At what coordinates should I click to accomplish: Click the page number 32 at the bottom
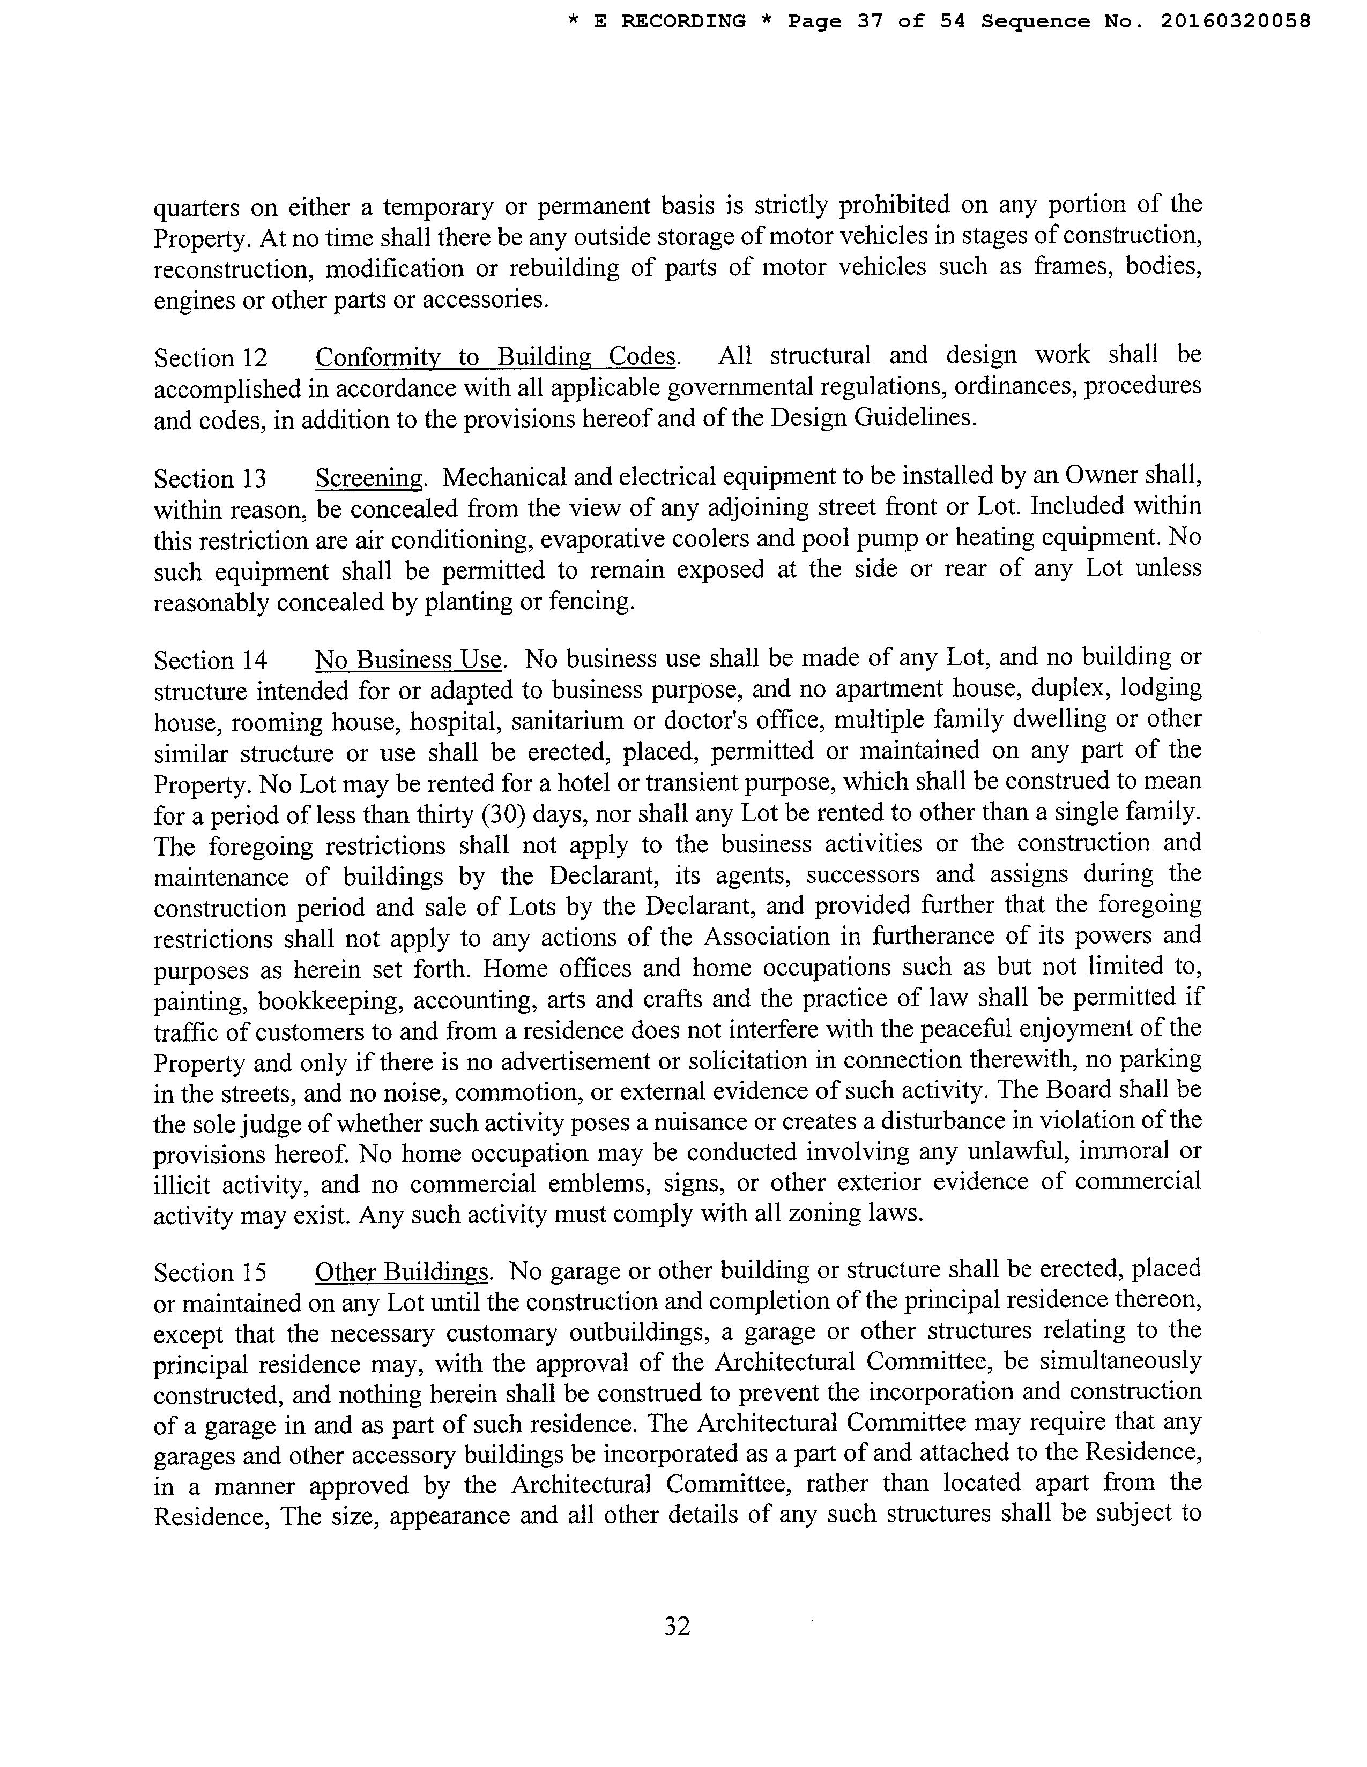pyautogui.click(x=677, y=1626)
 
